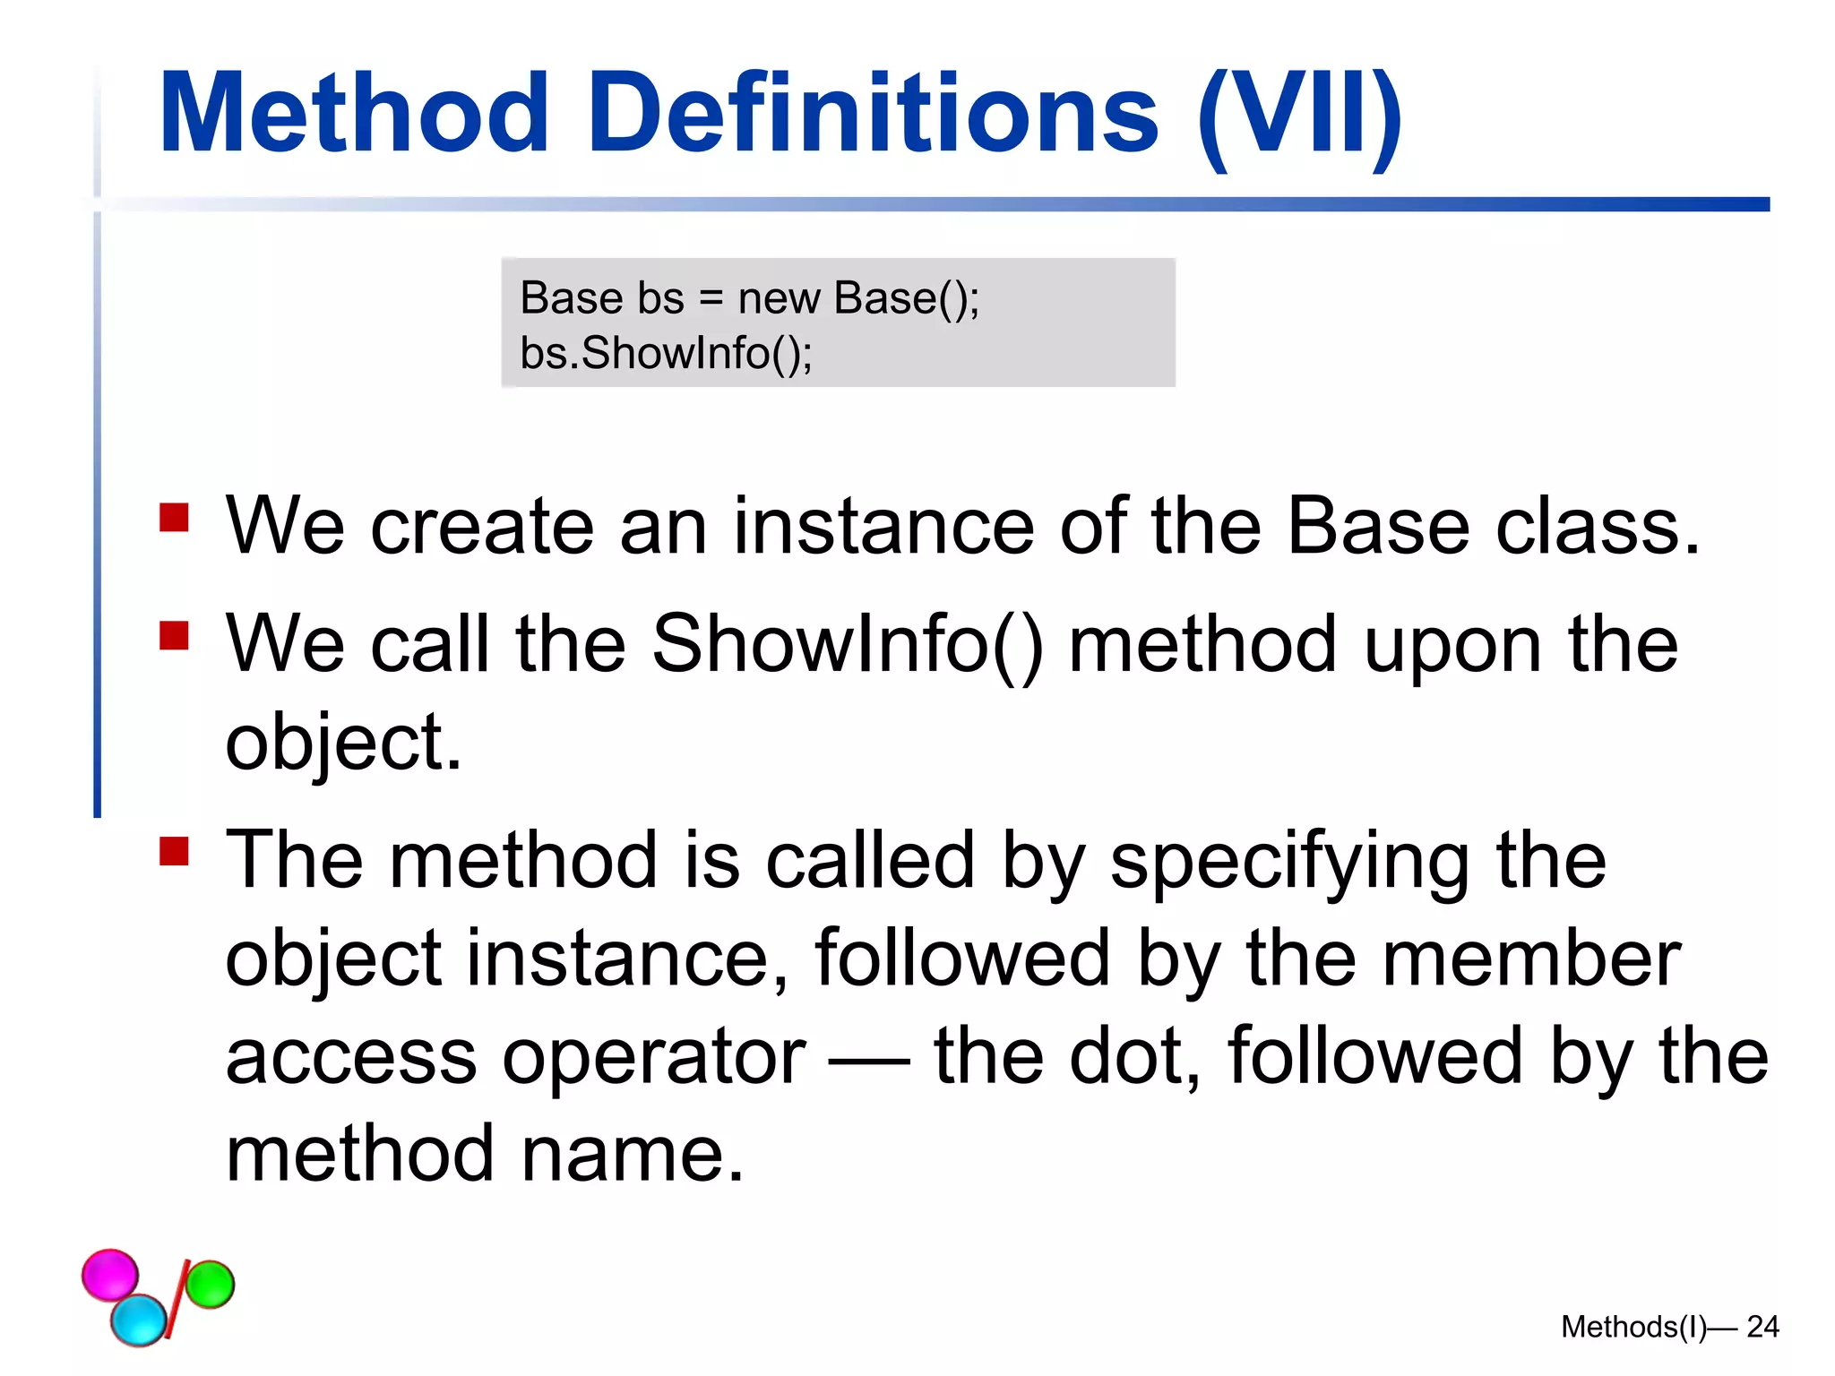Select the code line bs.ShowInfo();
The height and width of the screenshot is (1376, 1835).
[666, 353]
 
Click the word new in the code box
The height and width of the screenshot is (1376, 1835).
[778, 298]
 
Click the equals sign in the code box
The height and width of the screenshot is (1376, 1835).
[711, 299]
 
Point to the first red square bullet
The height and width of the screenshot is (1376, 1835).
[174, 517]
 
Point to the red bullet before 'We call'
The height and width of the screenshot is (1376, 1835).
[174, 635]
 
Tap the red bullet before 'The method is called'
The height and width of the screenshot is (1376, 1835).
[174, 851]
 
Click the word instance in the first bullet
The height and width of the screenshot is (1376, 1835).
[883, 527]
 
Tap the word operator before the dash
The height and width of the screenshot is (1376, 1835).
[654, 1057]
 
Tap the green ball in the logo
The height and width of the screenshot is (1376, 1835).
[211, 1284]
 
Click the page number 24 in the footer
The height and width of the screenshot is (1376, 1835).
[1762, 1327]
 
